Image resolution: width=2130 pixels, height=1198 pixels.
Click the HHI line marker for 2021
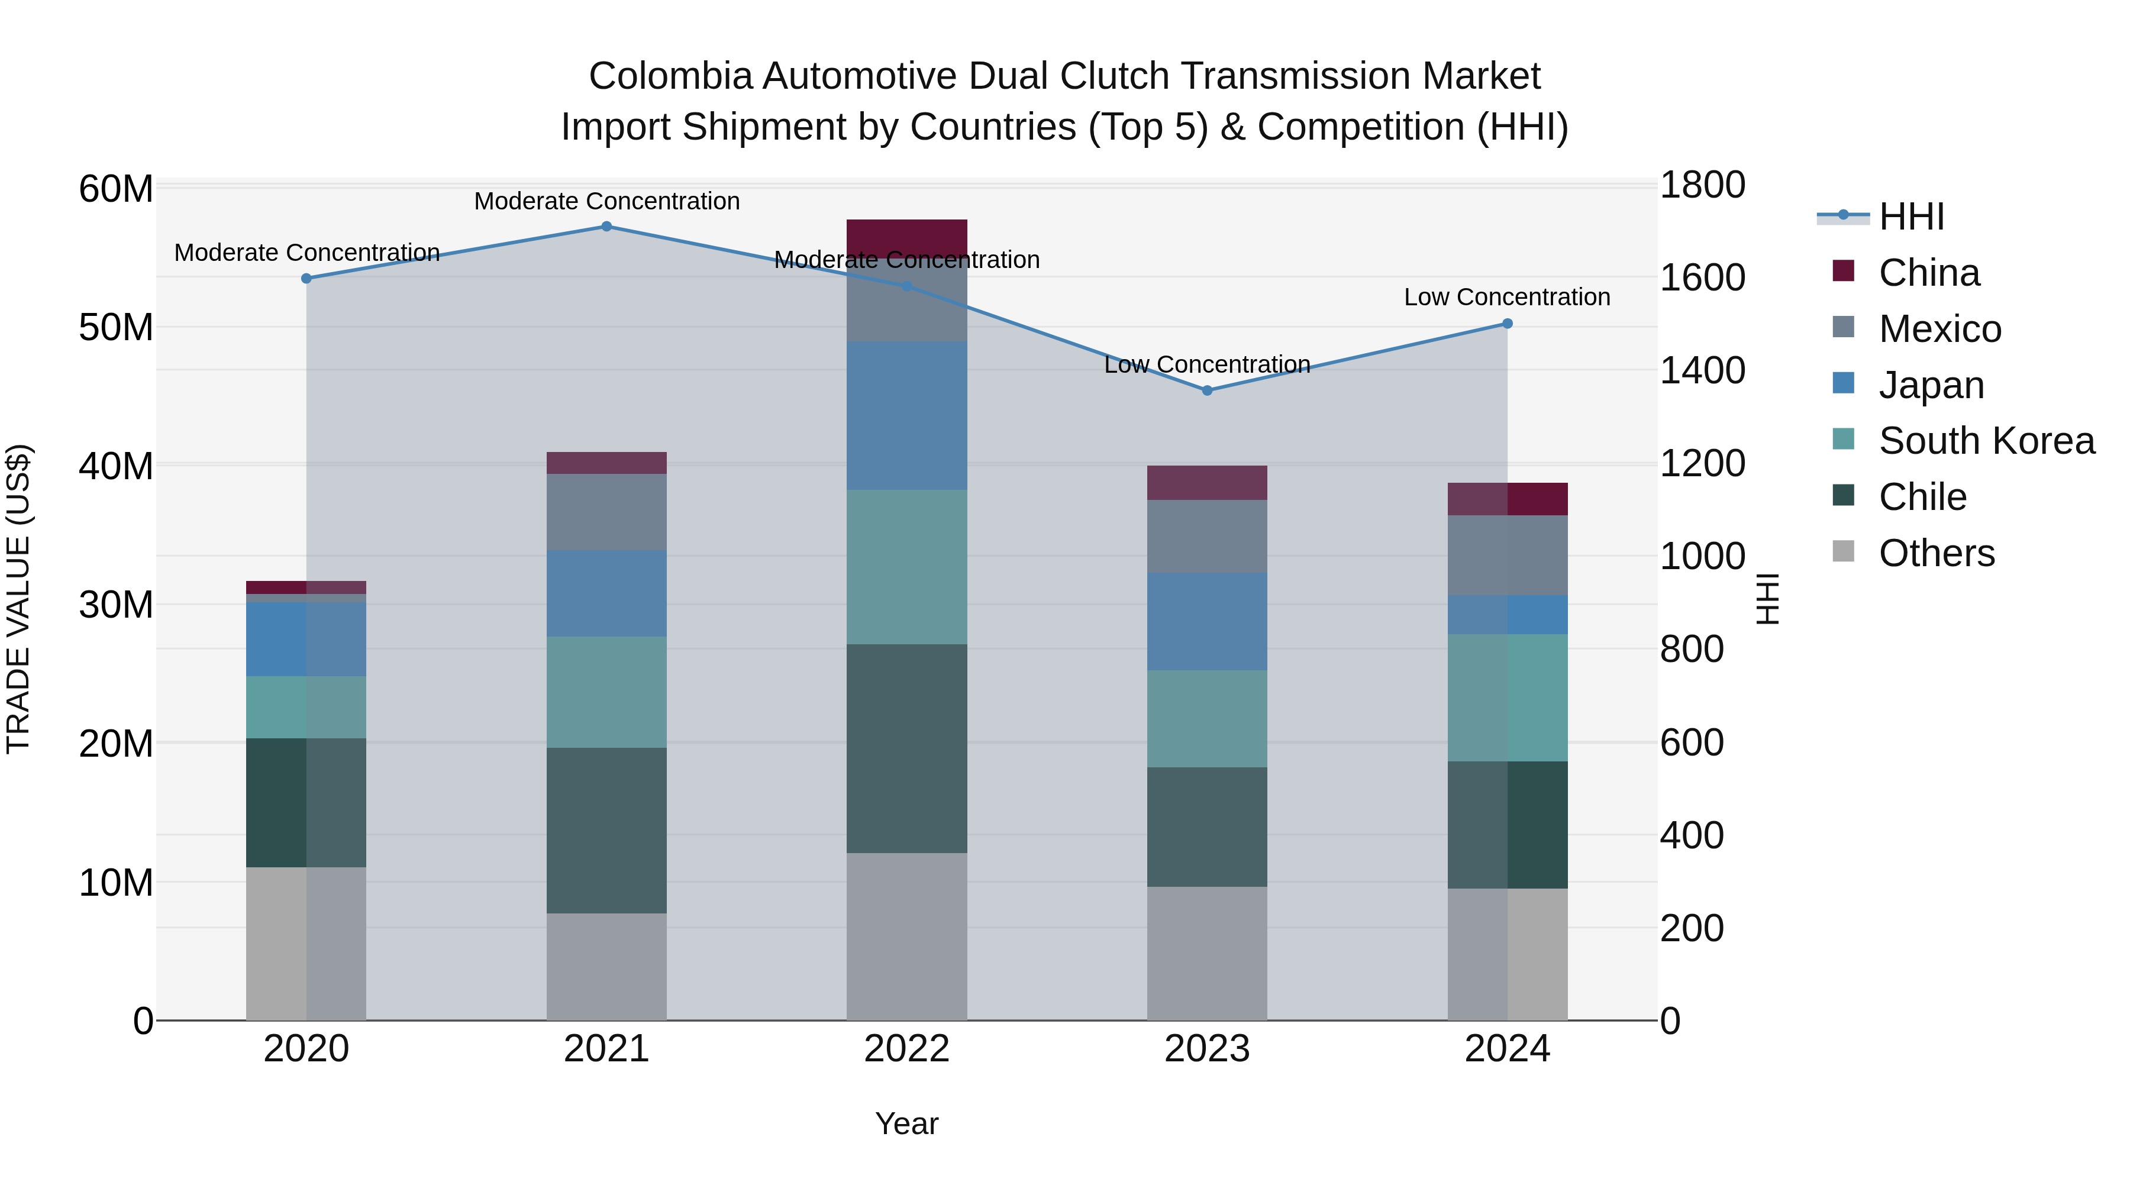606,227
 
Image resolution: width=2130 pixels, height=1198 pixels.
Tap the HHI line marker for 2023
1206,390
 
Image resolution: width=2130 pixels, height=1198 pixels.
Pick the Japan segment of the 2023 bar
1206,621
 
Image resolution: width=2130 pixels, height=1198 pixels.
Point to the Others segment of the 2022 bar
906,936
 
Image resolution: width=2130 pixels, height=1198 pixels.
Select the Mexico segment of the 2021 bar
606,512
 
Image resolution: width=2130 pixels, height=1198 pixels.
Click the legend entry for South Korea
1986,441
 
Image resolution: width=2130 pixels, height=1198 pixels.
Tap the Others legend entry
1936,553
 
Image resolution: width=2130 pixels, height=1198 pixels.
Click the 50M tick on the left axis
116,327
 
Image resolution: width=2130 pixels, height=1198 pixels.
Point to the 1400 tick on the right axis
1702,370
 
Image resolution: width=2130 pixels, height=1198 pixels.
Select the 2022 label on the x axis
906,1049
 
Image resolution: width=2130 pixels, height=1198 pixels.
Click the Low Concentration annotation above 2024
1506,297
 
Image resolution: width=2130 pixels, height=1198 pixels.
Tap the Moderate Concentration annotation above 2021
606,201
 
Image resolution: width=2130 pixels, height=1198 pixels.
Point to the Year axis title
906,1123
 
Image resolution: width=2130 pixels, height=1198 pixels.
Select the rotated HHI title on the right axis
1766,599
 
